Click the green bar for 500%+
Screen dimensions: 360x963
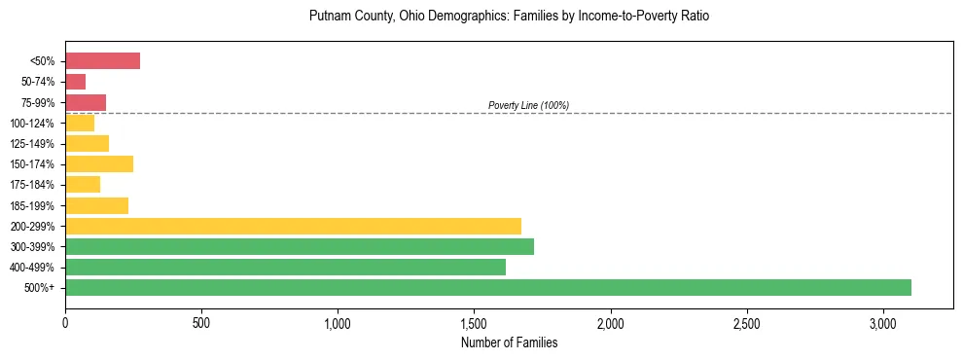488,287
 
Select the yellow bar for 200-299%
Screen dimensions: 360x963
293,226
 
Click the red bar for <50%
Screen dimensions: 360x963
102,61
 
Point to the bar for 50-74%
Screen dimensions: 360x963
75,82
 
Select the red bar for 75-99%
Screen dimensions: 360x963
86,102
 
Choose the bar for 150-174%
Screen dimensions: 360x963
99,163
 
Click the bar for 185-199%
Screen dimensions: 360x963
96,205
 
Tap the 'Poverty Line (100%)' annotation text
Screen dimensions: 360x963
528,105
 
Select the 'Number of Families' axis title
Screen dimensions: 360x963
509,342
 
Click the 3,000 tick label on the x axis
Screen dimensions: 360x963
883,322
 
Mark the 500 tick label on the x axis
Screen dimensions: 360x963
201,322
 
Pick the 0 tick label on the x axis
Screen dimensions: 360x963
65,322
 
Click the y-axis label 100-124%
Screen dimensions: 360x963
32,124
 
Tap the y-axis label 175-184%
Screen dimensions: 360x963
32,185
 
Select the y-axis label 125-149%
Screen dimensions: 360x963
32,144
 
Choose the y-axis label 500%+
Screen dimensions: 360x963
40,288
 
